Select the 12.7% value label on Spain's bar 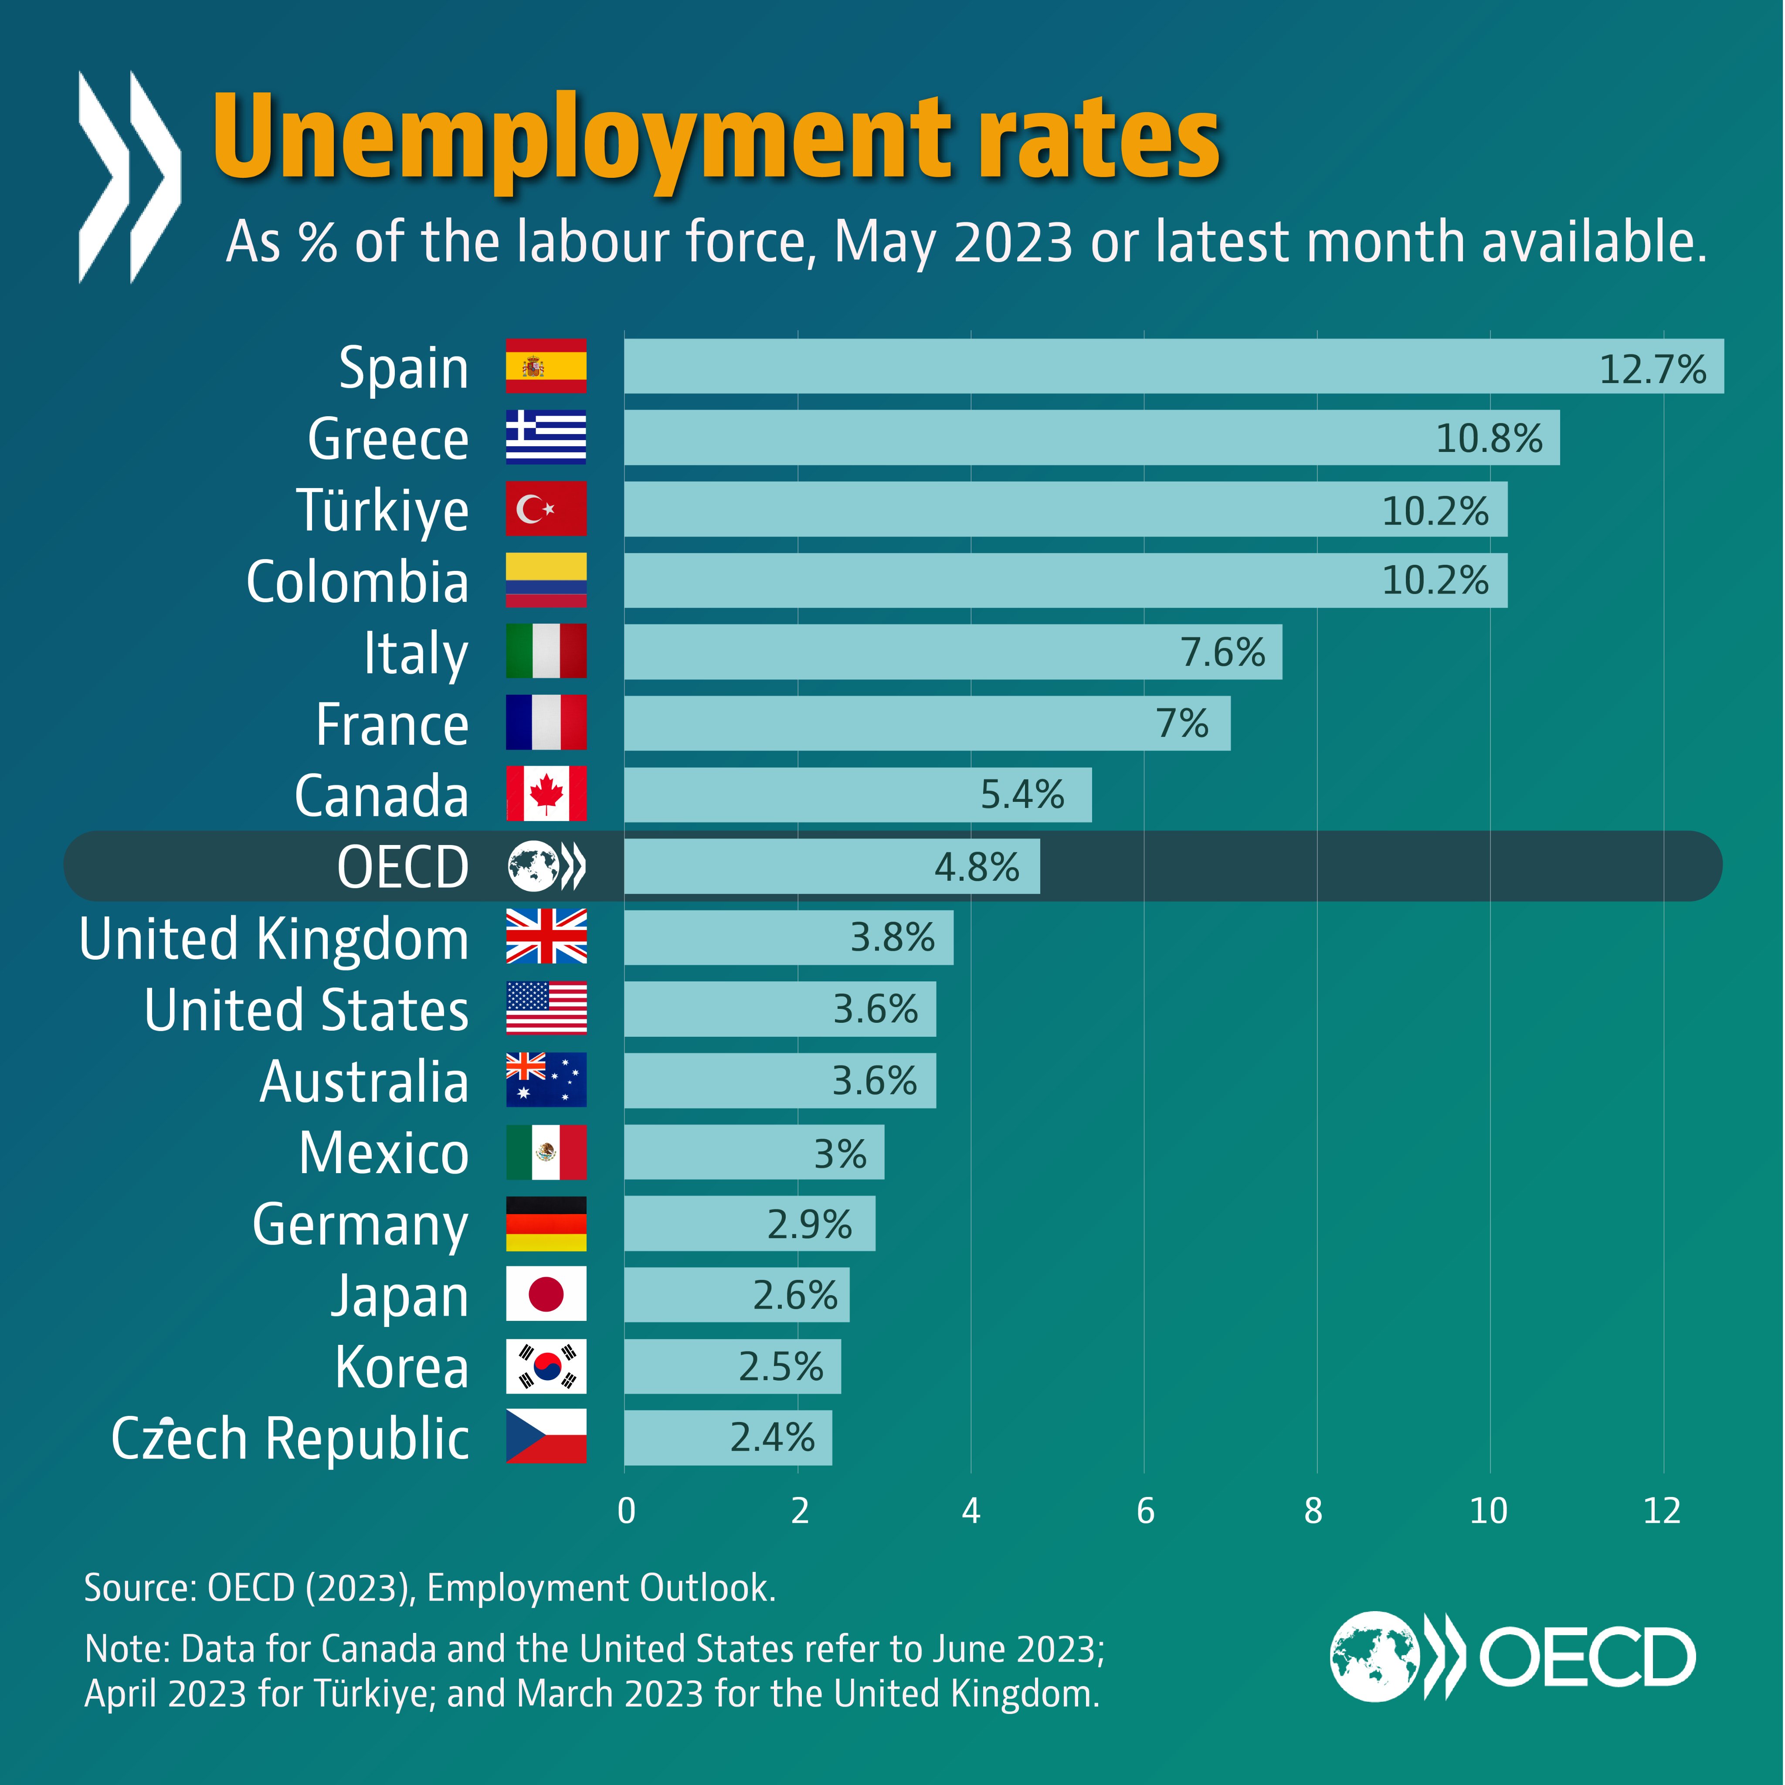pos(1652,370)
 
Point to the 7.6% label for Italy pos(1222,652)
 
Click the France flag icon pos(546,723)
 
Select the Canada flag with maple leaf pos(546,794)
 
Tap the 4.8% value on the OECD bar pos(977,867)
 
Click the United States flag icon pos(546,1008)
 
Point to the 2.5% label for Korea pos(781,1367)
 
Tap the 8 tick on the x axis pos(1313,1511)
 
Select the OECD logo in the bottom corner pos(1513,1656)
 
